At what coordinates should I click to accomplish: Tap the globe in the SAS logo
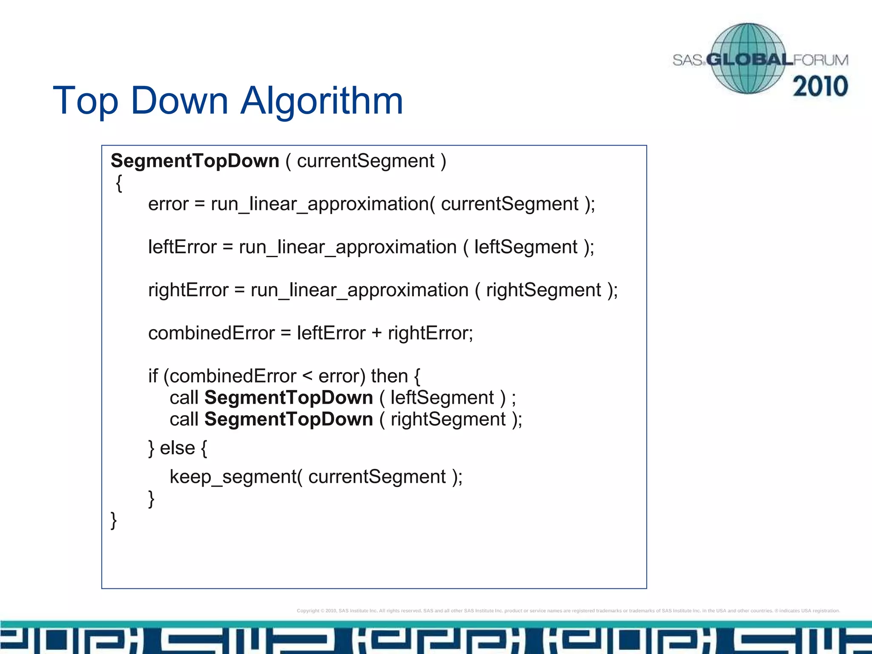pos(748,58)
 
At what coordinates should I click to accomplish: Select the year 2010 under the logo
pos(820,86)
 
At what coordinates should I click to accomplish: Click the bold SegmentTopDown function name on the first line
pos(195,161)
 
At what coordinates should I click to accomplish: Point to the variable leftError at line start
pos(182,247)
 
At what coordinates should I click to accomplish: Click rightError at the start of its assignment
pos(188,290)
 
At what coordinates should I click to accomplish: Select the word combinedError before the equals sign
pos(211,333)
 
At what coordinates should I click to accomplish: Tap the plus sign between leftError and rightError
pos(376,333)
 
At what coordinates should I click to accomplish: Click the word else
pos(177,448)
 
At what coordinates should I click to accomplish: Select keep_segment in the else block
pos(233,477)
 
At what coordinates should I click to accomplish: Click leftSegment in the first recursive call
pos(442,398)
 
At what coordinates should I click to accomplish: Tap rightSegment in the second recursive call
pos(448,420)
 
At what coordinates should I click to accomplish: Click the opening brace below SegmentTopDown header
pos(119,184)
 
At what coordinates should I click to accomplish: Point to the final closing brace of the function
pos(114,520)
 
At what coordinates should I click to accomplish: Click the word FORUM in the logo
pos(821,60)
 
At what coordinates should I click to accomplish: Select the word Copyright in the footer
pos(308,611)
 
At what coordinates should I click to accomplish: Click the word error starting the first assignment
pos(168,204)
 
